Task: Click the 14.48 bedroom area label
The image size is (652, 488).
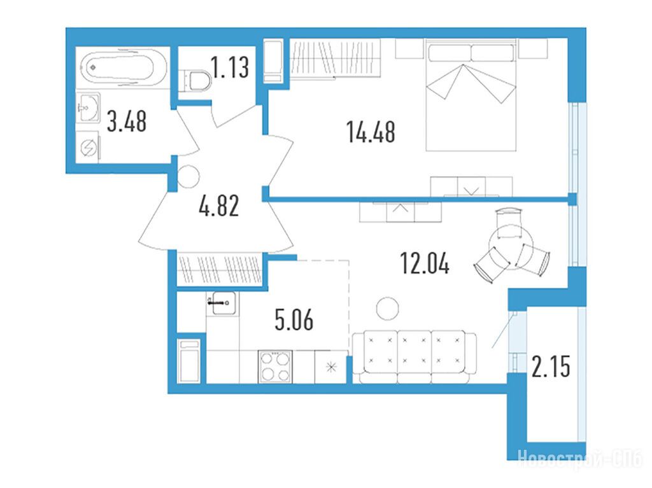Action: click(371, 132)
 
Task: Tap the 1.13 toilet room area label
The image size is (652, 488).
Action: click(230, 67)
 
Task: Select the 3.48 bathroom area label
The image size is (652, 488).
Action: click(127, 122)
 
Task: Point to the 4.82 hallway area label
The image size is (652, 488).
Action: click(219, 206)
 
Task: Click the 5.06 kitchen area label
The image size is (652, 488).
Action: click(294, 320)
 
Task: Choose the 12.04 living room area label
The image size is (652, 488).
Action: click(425, 263)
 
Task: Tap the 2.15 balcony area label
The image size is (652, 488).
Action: click(551, 367)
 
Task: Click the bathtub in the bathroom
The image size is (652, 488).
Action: click(124, 67)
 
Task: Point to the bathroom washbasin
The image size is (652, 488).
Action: click(88, 108)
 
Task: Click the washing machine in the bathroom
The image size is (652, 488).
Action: click(88, 147)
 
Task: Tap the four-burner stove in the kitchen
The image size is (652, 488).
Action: click(275, 366)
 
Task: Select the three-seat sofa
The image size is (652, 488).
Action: click(414, 357)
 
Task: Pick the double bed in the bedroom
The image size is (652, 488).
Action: click(471, 95)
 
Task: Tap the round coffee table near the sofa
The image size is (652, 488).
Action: click(388, 309)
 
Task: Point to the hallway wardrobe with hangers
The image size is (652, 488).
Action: click(219, 269)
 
